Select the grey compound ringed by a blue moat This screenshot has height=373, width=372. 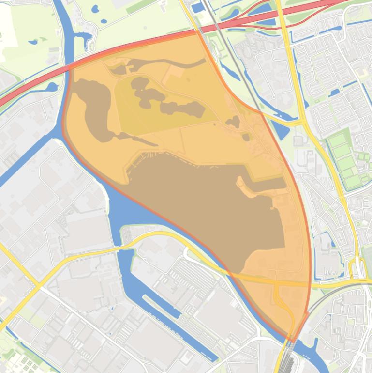325,247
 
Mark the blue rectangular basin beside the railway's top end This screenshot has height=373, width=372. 198,8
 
